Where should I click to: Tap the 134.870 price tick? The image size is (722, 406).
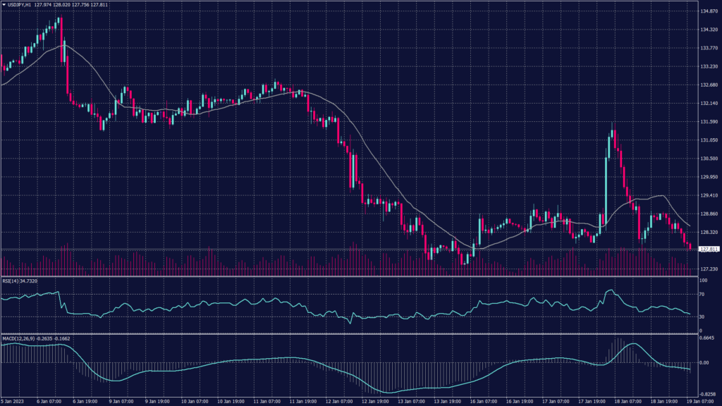[708, 11]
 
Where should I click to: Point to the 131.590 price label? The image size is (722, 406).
[708, 121]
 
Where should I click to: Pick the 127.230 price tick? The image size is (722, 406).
[708, 269]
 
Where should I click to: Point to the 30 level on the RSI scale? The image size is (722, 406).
[702, 316]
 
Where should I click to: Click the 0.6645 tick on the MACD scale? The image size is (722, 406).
[706, 338]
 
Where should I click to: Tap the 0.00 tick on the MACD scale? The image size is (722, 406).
[704, 362]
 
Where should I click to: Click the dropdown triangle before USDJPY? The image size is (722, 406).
[4, 6]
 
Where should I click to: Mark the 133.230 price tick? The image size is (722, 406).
[708, 66]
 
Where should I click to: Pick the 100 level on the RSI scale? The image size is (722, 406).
[703, 281]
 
